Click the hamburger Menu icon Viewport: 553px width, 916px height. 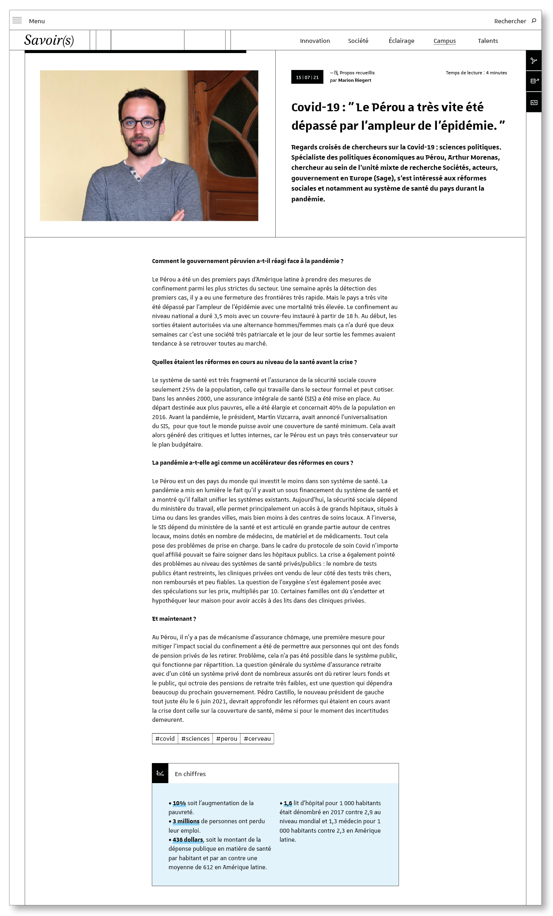click(17, 20)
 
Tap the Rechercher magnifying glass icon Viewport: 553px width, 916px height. click(534, 20)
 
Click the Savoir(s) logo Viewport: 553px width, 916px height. click(49, 40)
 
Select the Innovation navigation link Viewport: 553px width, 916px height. click(315, 41)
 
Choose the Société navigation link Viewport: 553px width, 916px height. click(358, 41)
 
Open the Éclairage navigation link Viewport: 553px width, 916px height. click(401, 41)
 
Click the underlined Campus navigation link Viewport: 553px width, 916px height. click(444, 41)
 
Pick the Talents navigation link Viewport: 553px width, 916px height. click(488, 41)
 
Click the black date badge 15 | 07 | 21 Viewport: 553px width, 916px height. click(307, 77)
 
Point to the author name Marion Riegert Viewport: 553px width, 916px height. click(354, 80)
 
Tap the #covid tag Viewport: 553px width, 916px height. click(165, 738)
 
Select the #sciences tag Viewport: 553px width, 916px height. click(195, 738)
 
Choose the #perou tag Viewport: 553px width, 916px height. click(227, 738)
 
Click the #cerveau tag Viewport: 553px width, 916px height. click(257, 738)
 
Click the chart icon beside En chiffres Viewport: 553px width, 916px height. click(160, 773)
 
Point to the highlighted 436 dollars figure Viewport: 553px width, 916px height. click(188, 840)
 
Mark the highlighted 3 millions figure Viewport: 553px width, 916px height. click(186, 821)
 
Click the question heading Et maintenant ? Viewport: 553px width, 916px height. click(174, 618)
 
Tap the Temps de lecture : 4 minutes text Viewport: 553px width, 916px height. click(476, 73)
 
